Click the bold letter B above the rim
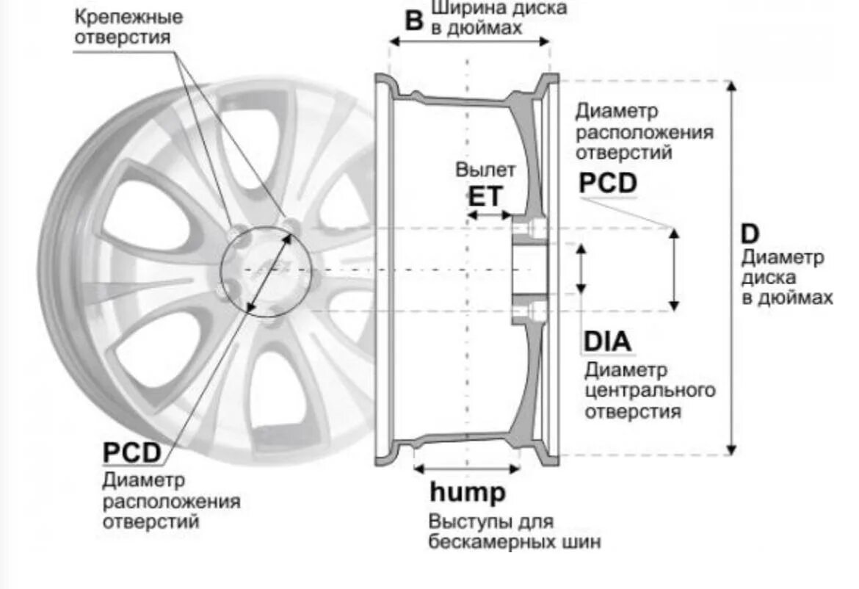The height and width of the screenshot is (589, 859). click(x=415, y=20)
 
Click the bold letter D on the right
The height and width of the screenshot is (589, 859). click(x=750, y=234)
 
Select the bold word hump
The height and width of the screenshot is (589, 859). click(x=468, y=492)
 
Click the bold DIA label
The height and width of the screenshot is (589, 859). click(x=607, y=342)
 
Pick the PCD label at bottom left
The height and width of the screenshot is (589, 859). click(x=131, y=452)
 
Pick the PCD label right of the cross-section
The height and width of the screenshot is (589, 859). click(x=608, y=183)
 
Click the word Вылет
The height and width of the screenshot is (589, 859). click(x=485, y=170)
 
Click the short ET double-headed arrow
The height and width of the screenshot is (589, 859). click(x=489, y=216)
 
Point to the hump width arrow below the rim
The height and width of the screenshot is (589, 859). click(x=467, y=467)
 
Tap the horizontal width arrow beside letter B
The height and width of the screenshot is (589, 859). click(x=470, y=42)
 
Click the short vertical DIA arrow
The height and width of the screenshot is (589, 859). click(x=582, y=269)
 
